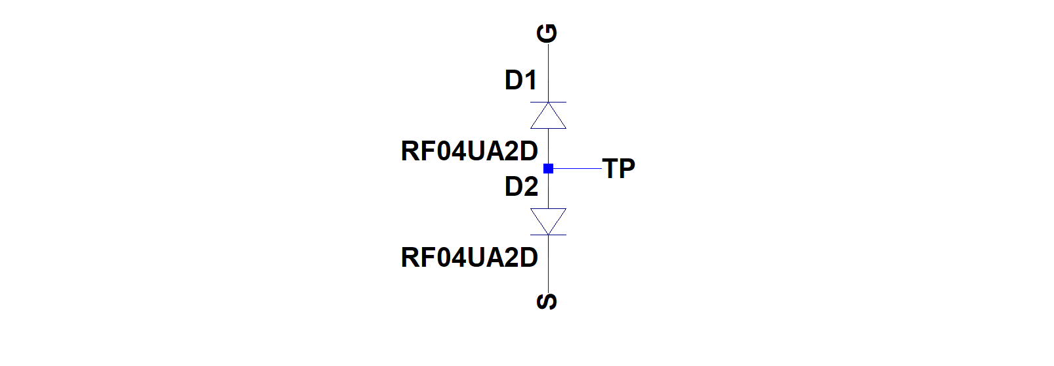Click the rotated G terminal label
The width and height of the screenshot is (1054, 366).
point(547,34)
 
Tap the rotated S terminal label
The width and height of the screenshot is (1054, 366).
point(547,302)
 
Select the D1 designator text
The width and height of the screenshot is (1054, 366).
point(520,80)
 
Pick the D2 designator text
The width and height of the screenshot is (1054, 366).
point(521,187)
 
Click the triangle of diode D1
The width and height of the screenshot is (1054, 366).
point(548,116)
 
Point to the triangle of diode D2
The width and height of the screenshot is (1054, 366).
point(548,221)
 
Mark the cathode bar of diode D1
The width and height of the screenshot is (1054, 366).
point(548,102)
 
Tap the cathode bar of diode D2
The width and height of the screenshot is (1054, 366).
point(548,235)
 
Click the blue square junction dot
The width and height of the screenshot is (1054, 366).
point(548,168)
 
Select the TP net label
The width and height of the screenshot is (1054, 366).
point(618,168)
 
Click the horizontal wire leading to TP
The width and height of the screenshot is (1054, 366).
point(575,168)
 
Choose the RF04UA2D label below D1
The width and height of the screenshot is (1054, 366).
point(469,151)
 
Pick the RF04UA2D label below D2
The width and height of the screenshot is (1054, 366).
point(469,258)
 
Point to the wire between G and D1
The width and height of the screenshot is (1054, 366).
point(548,73)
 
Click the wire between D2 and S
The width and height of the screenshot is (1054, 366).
point(548,263)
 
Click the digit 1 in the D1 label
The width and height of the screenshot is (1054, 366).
point(531,80)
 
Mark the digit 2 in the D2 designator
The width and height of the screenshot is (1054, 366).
point(531,187)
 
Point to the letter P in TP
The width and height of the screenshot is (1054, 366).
point(627,168)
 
